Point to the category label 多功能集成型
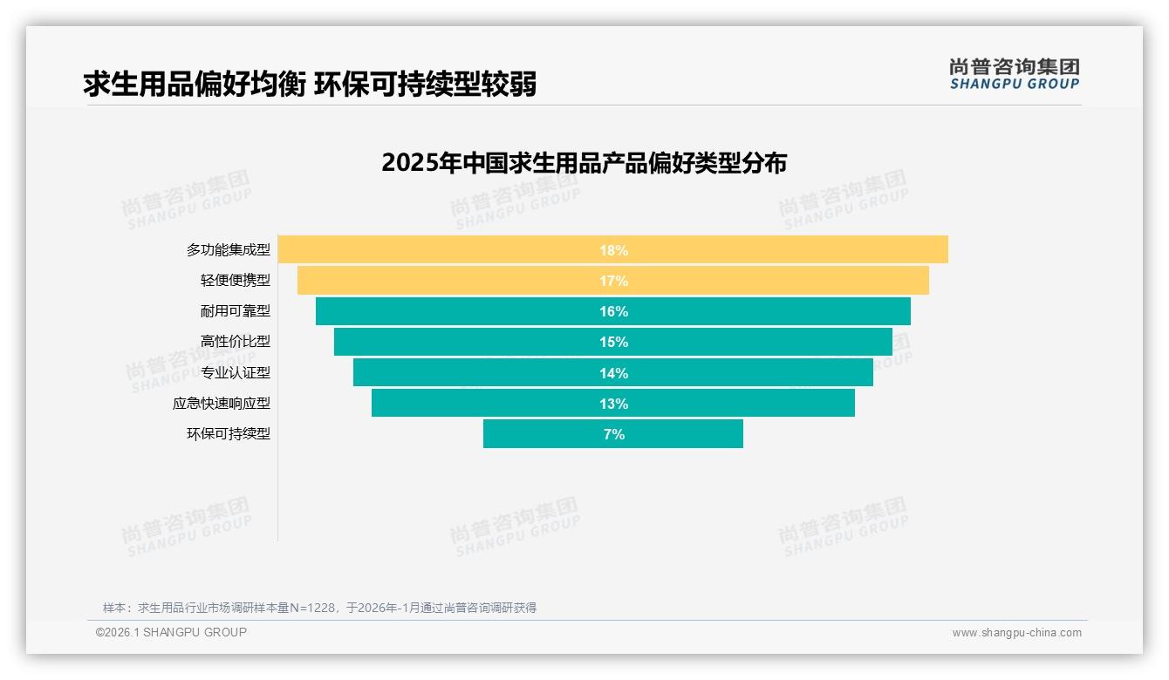click(x=229, y=250)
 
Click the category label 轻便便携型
click(x=236, y=281)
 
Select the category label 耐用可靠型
click(x=236, y=311)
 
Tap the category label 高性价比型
click(x=236, y=342)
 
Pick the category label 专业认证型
click(x=236, y=372)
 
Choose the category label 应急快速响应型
click(x=222, y=404)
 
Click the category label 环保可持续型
click(x=229, y=434)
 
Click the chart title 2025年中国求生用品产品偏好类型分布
click(x=584, y=163)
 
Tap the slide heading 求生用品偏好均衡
click(x=194, y=84)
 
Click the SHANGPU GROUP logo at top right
click(x=1014, y=74)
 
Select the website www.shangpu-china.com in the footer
click(x=1016, y=633)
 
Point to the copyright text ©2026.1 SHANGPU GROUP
click(x=171, y=632)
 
